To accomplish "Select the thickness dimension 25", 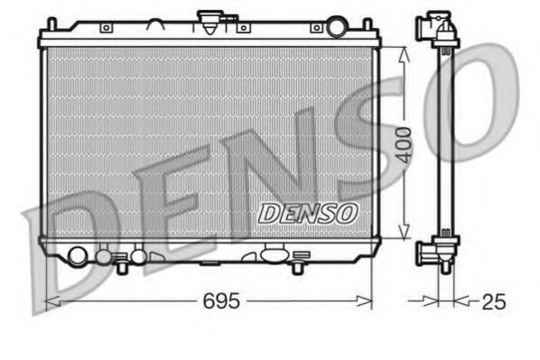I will coord(493,301).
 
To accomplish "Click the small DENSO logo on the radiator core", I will coord(308,213).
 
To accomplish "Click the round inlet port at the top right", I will coord(336,27).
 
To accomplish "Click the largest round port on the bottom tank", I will coord(79,257).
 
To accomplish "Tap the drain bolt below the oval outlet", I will coord(297,267).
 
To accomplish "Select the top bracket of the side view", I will coord(440,30).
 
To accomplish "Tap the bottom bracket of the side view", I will coord(438,250).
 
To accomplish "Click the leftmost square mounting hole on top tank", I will coord(107,28).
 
